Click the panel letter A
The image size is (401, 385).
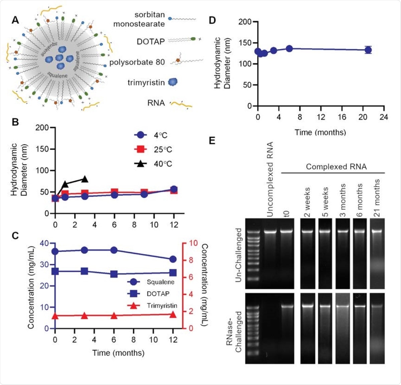[x=15, y=20]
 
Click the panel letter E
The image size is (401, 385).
[x=212, y=140]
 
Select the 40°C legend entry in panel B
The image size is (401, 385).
[x=154, y=164]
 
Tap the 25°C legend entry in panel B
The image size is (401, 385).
[x=154, y=150]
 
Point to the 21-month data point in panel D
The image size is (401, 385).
[x=368, y=50]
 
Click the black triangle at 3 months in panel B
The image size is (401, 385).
[x=85, y=179]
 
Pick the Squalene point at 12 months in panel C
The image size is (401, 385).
[x=173, y=259]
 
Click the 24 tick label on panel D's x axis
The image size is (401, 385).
[x=384, y=117]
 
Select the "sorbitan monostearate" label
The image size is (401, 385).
[x=139, y=19]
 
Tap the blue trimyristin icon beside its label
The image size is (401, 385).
[x=172, y=82]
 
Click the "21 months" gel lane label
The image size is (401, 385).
[x=377, y=198]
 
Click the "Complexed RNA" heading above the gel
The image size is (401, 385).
[x=336, y=167]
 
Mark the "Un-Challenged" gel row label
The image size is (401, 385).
[x=239, y=255]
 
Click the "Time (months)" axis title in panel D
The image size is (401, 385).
[x=320, y=132]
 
